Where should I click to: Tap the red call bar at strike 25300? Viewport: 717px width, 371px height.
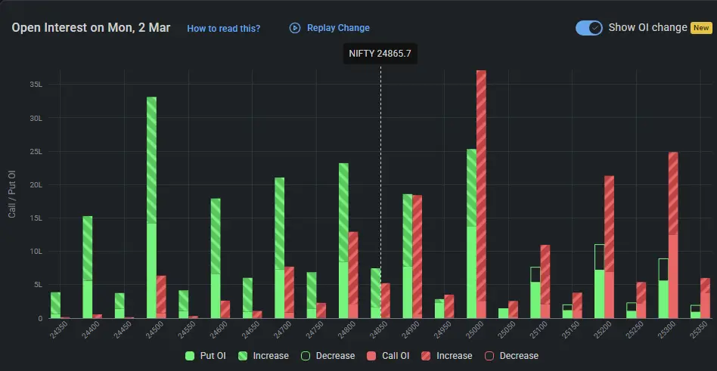673,235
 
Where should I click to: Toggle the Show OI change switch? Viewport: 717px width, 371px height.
588,27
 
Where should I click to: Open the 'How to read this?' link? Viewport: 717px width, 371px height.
223,28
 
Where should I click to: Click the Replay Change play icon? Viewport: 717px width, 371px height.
295,28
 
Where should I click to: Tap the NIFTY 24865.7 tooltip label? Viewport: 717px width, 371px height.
380,54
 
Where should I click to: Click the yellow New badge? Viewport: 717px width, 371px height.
701,27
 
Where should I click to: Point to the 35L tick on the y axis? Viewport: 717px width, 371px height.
36,85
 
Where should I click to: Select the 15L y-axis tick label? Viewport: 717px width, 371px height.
36,218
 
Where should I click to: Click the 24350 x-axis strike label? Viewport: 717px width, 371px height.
52,333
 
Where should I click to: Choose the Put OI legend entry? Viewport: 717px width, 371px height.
206,355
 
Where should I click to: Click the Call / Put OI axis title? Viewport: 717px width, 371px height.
11,194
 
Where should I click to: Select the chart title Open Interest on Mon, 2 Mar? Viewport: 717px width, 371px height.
91,28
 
